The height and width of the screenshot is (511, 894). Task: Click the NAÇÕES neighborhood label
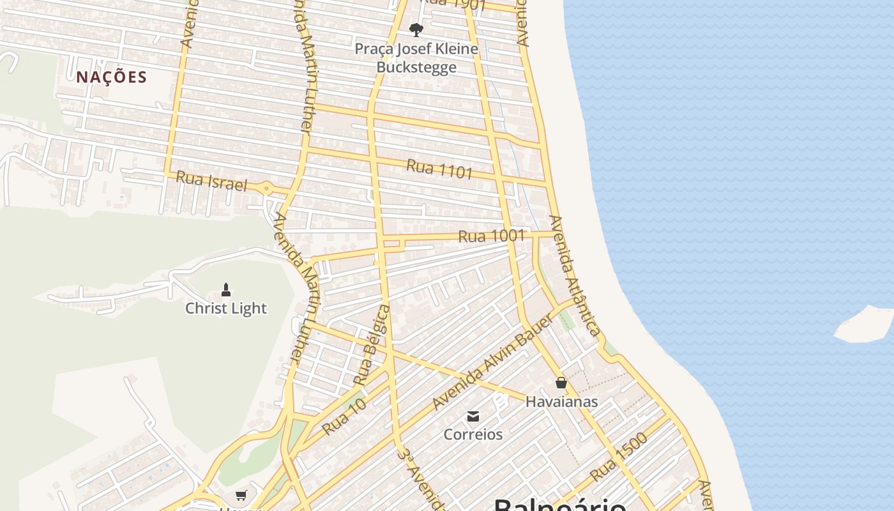[x=112, y=77]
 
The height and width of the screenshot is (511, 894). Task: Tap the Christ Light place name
[x=225, y=309]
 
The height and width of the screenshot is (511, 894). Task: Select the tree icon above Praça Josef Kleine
[x=416, y=29]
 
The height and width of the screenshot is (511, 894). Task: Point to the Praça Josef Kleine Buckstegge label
[x=416, y=58]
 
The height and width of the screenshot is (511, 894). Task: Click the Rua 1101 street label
[x=439, y=169]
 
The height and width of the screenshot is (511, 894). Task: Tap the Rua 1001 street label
[x=491, y=236]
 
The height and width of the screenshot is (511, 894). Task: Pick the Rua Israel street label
[x=211, y=181]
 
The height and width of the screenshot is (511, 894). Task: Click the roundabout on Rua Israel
[x=266, y=188]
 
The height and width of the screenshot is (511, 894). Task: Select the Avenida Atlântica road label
[x=575, y=275]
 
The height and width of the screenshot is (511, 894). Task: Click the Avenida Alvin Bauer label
[x=492, y=363]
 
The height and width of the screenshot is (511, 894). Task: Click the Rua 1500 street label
[x=618, y=457]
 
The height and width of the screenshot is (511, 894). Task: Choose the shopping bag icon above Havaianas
[x=561, y=383]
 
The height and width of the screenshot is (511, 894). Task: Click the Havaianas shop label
[x=561, y=402]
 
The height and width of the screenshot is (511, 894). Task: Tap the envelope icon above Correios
[x=473, y=416]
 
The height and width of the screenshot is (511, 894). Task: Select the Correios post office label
[x=473, y=434]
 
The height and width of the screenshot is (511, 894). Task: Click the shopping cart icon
[x=241, y=495]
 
